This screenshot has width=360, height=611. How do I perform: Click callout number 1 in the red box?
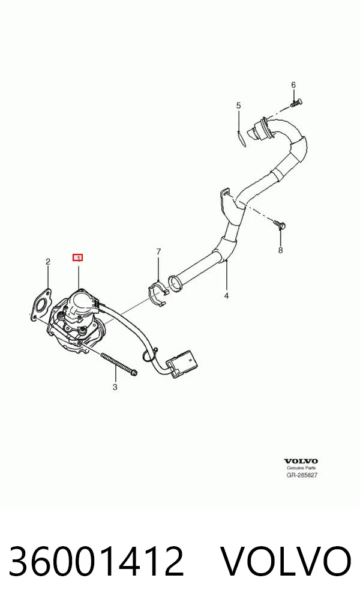tap(78, 257)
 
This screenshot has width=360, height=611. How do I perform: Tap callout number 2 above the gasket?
tap(48, 262)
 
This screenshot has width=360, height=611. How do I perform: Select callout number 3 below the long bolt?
tap(115, 387)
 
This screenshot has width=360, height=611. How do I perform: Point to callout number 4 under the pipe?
tap(226, 296)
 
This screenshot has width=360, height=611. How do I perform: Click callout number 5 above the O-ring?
tap(238, 106)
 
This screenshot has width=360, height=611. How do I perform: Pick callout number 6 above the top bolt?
tap(293, 85)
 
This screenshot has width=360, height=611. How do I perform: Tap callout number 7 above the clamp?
tap(158, 251)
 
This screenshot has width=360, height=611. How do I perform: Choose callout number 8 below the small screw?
tap(281, 250)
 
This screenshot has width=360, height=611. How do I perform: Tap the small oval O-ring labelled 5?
tap(242, 138)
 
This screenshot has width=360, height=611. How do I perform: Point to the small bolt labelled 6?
tap(297, 102)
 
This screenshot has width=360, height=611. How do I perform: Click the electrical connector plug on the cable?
tap(184, 363)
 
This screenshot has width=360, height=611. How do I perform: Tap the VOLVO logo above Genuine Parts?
tap(301, 462)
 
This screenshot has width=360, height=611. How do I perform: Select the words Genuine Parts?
tap(301, 468)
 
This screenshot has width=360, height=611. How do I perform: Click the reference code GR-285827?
tap(302, 475)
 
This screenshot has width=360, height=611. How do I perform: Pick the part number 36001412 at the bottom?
tap(96, 561)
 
